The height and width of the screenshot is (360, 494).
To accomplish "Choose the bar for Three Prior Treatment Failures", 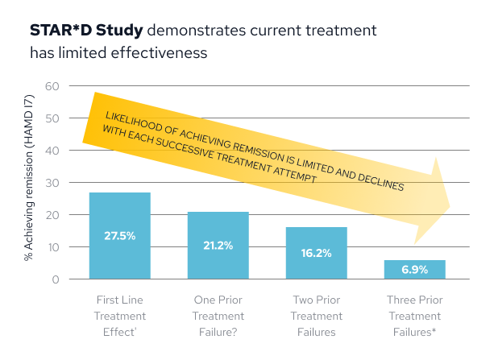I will (x=415, y=269).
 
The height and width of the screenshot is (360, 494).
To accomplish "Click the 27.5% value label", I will (x=119, y=236).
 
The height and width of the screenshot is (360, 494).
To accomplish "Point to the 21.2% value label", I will (x=218, y=245).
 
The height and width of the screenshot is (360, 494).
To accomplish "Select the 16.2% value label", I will (x=317, y=253).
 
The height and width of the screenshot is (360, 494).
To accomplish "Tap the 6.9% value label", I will (x=415, y=269).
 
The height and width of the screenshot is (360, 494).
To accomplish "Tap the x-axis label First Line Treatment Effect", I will (x=119, y=316).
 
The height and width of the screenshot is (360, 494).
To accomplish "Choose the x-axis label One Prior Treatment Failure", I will (x=218, y=316).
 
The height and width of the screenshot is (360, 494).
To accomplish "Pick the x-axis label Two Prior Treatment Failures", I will (x=317, y=316).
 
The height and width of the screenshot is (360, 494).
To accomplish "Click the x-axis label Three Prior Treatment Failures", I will (x=415, y=316).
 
